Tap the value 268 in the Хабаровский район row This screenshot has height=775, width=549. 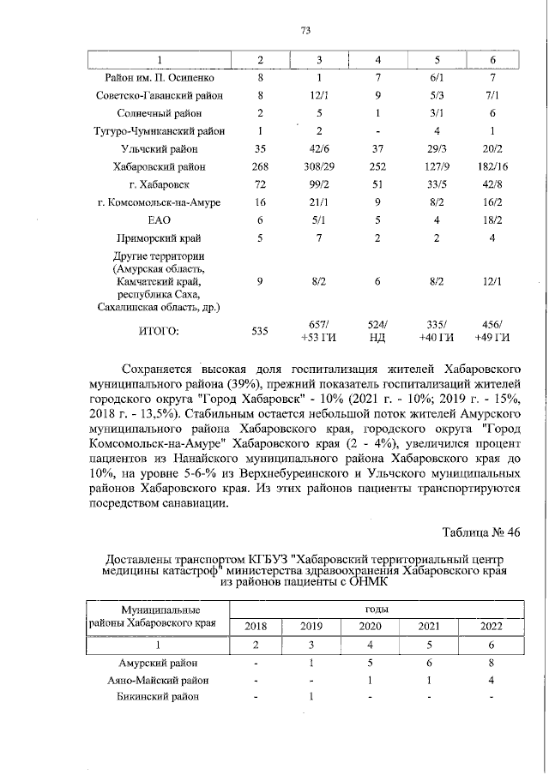click(x=261, y=167)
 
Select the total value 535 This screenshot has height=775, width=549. click(x=261, y=329)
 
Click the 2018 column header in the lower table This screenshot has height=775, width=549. click(x=256, y=626)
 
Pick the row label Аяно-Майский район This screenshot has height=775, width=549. click(x=160, y=680)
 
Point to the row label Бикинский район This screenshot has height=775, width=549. click(x=159, y=697)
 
